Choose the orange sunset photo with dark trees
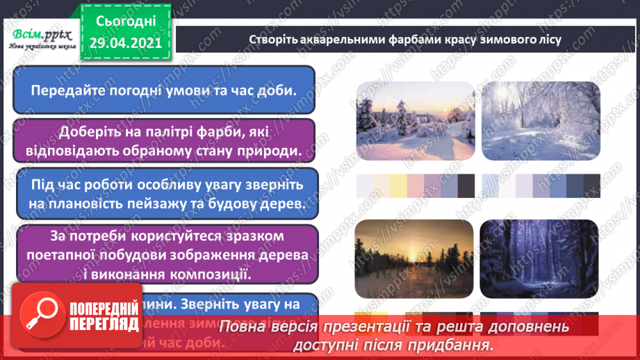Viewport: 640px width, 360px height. (x=416, y=259)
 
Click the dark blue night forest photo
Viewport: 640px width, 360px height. (x=539, y=259)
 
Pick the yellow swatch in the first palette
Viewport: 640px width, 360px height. (x=398, y=185)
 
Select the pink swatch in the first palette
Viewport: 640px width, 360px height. (x=416, y=185)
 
